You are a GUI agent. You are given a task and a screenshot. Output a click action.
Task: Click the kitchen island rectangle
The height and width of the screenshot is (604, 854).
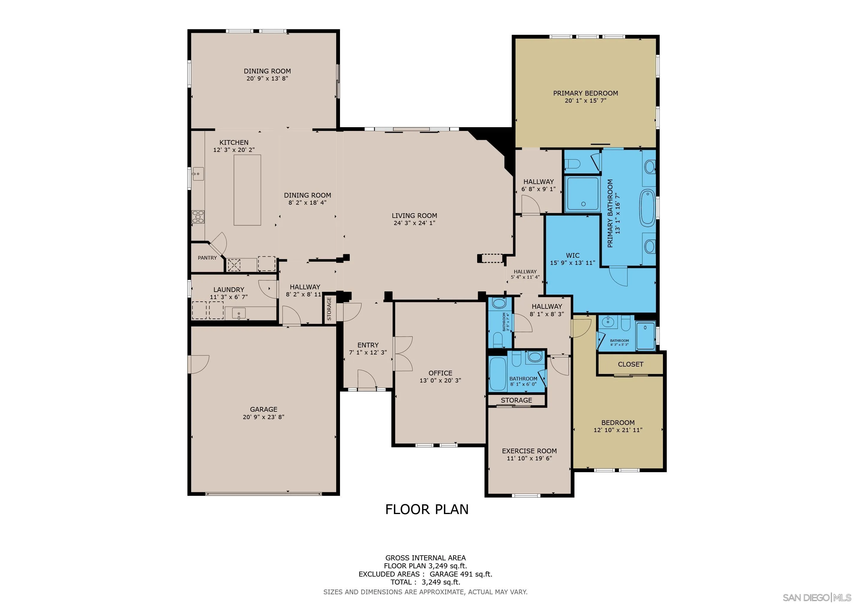[x=247, y=190]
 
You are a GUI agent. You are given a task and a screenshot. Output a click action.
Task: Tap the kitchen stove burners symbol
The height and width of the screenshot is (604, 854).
[x=198, y=216]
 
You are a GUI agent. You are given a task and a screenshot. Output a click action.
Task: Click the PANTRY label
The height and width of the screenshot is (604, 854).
[x=207, y=258]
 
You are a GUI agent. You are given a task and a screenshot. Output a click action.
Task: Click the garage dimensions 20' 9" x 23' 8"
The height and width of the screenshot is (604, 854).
[x=263, y=417]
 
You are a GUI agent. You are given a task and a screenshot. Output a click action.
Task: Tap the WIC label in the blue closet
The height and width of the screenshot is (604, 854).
[x=572, y=255]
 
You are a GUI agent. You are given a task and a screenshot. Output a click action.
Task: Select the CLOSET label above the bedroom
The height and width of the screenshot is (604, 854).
[x=630, y=364]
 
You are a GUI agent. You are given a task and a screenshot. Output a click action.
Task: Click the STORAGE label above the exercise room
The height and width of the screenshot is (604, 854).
[x=516, y=400]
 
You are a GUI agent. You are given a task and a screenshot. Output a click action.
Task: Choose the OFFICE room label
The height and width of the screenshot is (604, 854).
[x=440, y=373]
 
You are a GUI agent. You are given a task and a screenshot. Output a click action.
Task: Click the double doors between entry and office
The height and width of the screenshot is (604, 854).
[x=403, y=353]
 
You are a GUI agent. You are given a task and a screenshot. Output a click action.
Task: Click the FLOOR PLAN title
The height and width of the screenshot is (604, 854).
[x=427, y=509]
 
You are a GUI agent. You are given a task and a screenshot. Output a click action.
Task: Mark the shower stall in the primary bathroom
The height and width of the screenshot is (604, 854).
[x=582, y=194]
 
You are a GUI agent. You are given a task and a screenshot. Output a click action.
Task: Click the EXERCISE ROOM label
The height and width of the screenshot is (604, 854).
[x=529, y=451]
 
